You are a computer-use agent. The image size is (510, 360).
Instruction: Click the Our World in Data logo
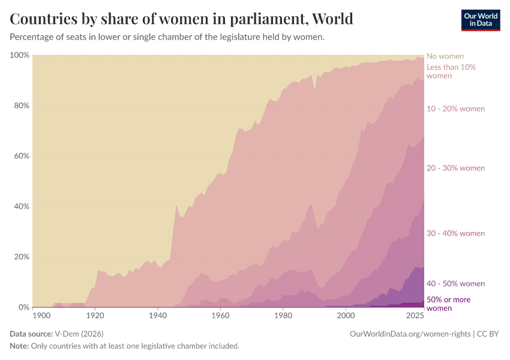tap(480, 20)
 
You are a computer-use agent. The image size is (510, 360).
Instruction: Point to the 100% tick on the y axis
tap(19, 55)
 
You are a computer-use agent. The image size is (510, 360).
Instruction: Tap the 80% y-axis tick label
tap(21, 106)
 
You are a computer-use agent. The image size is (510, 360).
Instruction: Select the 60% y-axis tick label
tap(21, 156)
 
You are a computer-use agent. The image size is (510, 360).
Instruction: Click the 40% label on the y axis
tap(21, 206)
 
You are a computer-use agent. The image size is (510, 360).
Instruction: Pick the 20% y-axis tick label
tap(21, 257)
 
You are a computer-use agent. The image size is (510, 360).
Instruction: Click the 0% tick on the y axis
tap(23, 307)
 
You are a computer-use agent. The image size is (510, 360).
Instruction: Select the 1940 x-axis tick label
tap(158, 316)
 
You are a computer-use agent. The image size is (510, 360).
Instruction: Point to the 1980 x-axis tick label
tap(283, 316)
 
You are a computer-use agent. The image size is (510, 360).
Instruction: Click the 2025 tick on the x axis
tap(415, 316)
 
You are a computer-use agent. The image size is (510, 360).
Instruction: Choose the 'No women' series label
tap(445, 56)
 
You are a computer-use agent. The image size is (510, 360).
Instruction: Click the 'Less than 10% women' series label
tap(451, 71)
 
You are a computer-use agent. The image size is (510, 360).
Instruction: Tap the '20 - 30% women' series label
tap(455, 168)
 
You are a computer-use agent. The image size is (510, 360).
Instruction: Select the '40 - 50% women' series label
tap(455, 284)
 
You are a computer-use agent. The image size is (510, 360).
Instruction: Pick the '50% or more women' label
tap(448, 304)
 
